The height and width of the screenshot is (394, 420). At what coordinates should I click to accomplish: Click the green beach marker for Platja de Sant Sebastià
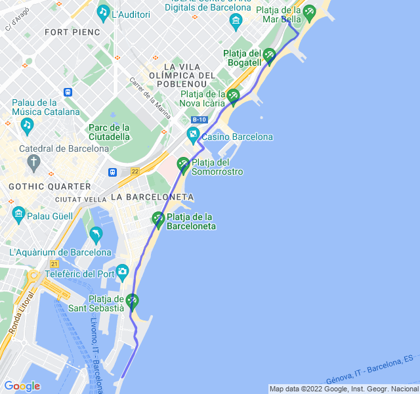[x=133, y=301]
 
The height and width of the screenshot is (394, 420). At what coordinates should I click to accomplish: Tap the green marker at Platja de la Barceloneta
[x=157, y=219]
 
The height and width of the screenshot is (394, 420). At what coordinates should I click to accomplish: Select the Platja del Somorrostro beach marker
[x=183, y=164]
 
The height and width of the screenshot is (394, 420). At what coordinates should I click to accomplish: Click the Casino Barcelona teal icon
[x=193, y=136]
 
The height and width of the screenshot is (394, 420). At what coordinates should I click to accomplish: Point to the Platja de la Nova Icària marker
[x=233, y=97]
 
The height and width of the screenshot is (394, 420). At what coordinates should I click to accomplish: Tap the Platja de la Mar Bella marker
[x=308, y=11]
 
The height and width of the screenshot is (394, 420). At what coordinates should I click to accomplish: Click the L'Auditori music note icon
[x=103, y=12]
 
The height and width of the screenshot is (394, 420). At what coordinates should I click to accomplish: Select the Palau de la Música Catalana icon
[x=27, y=123]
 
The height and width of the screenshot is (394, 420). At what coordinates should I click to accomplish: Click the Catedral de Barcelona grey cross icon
[x=33, y=161]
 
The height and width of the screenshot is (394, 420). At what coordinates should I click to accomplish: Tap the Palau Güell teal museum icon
[x=18, y=214]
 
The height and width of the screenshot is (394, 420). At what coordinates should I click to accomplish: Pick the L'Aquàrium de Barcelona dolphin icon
[x=96, y=234]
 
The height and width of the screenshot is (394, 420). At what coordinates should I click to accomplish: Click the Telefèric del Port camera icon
[x=122, y=272]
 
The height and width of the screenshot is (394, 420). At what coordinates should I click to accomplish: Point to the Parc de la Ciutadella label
[x=110, y=132]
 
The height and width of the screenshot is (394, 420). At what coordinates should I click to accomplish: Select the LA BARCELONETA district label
[x=152, y=197]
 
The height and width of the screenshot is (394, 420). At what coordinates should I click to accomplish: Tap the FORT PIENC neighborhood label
[x=72, y=32]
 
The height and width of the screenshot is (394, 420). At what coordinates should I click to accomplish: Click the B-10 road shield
[x=199, y=120]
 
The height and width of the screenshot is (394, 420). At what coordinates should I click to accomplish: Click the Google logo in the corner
[x=22, y=386]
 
